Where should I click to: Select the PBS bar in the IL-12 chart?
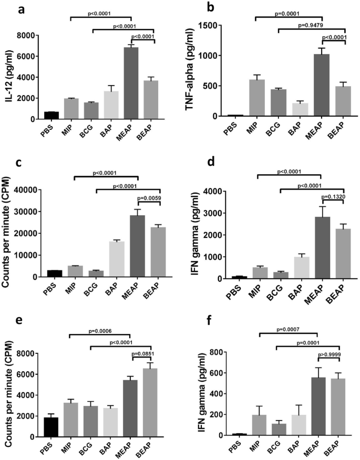51,115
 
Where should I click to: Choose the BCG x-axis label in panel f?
275,448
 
